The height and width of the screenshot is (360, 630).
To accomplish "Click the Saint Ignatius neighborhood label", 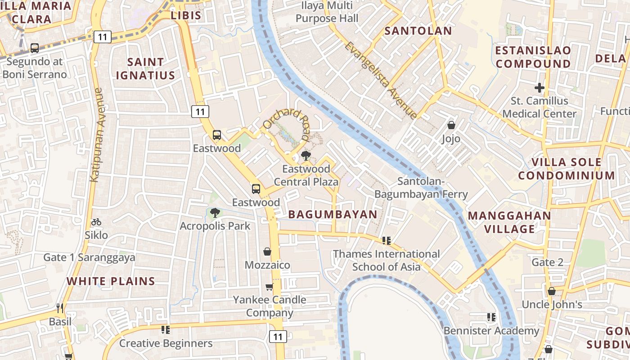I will pos(145,68).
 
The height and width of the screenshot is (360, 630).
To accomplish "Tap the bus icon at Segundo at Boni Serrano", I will pos(35,48).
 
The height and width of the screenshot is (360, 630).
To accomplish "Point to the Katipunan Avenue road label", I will pos(96,135).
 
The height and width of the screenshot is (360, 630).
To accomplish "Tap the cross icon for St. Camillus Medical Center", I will pos(539,87).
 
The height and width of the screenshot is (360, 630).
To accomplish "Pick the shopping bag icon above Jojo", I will pos(451,125).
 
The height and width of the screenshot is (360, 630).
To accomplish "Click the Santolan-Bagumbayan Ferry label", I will pos(421,188).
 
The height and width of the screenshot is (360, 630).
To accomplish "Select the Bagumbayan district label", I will pos(333,214).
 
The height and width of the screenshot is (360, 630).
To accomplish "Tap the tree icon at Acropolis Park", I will pos(215,212).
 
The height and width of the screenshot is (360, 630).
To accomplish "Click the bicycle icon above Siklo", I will pos(96,222).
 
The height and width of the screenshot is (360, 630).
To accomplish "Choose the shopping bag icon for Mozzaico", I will pos(267,252).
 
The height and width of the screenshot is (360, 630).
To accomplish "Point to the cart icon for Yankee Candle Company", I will pos(269,287).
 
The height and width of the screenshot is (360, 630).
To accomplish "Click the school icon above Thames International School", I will pos(386,241).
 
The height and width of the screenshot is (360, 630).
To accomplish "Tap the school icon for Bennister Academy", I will pos(491,317).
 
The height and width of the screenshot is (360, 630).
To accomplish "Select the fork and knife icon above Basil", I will pos(60,308).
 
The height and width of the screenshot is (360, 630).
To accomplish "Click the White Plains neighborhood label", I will pos(111,281).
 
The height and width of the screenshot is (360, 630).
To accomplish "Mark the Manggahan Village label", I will pos(509,222).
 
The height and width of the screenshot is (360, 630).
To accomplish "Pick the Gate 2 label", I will pos(547,262).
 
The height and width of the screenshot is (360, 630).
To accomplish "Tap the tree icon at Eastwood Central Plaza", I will pos(306,156).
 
